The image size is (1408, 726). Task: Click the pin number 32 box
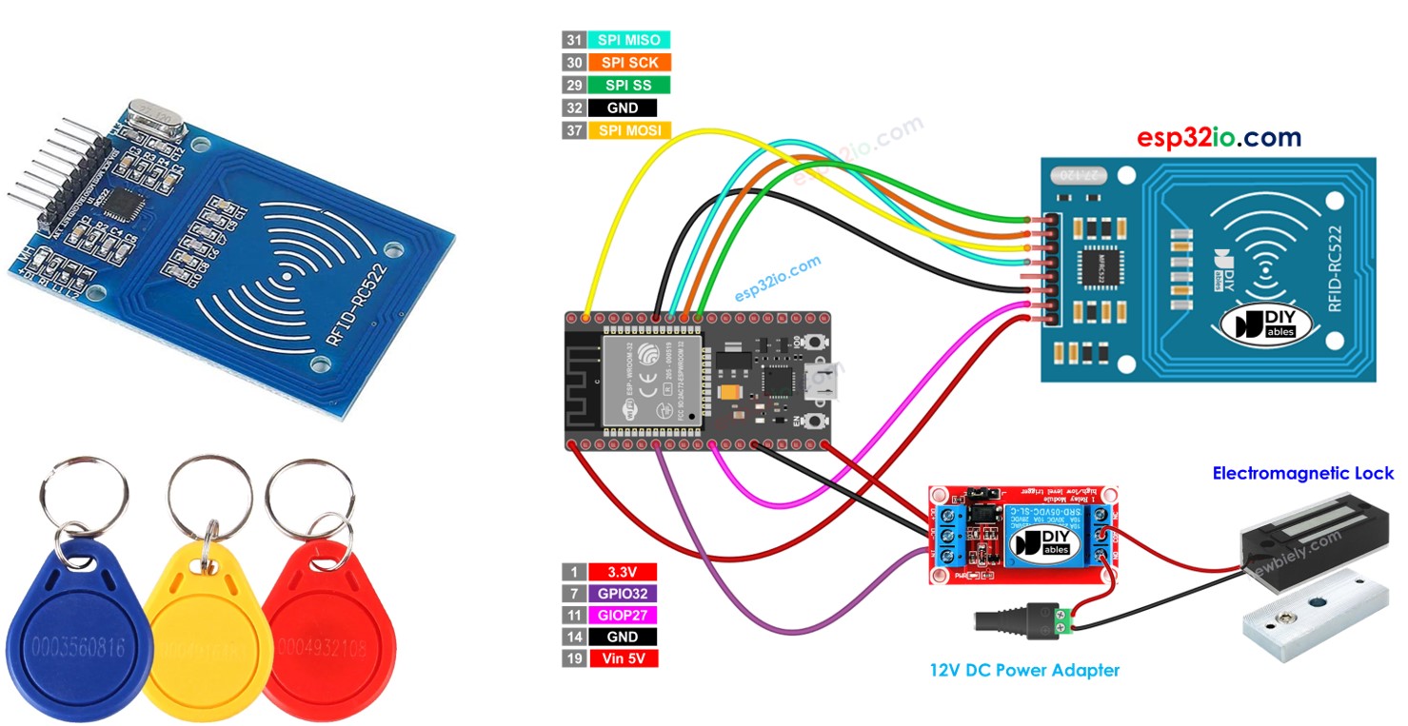(573, 108)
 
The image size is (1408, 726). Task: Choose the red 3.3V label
(624, 572)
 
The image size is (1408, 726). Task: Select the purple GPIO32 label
(624, 594)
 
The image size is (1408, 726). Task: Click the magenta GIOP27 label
(624, 616)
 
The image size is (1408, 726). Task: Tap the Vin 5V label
(624, 658)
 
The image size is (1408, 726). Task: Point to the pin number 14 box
(573, 637)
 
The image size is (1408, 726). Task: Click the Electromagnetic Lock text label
(1302, 473)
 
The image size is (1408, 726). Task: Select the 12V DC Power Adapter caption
(1024, 670)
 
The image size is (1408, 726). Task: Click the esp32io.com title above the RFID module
(1219, 137)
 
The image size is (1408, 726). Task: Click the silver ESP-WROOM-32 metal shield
(652, 381)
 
